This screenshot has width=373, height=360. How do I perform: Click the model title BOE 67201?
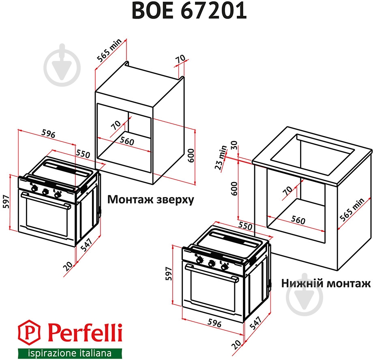(x=189, y=11)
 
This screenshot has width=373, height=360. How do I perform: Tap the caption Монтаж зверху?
(x=150, y=200)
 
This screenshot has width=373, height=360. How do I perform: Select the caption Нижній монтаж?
(x=326, y=283)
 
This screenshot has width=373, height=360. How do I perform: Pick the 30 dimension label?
(x=234, y=146)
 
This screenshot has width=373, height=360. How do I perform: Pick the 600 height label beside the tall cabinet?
(x=191, y=155)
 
